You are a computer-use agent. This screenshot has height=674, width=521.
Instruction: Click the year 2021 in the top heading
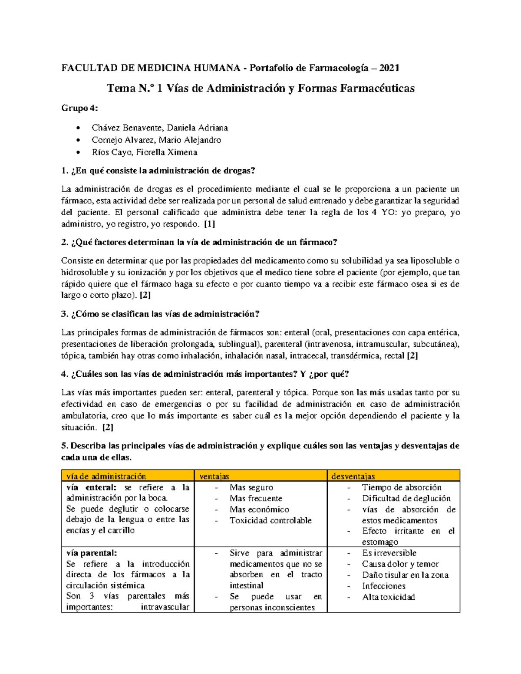(389, 68)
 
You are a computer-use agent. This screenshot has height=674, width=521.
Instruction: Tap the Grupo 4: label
(80, 108)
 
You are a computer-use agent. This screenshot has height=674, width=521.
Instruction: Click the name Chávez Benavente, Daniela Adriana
(159, 128)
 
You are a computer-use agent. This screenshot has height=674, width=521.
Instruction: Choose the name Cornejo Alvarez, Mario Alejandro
(156, 140)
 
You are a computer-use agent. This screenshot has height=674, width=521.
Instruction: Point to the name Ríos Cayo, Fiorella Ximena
(144, 152)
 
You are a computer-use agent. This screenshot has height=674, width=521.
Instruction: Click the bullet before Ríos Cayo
(78, 152)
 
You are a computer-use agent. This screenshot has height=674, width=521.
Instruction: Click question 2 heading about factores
(199, 242)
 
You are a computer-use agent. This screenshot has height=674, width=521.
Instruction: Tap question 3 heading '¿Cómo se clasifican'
(160, 314)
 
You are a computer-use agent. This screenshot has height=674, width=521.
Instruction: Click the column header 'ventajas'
(214, 476)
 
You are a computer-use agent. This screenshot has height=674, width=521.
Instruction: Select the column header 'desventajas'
(353, 476)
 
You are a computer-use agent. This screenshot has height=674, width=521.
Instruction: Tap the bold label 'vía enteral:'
(91, 487)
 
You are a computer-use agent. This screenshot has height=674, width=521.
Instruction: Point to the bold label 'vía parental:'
(91, 553)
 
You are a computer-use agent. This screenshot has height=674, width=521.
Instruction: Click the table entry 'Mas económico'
(259, 510)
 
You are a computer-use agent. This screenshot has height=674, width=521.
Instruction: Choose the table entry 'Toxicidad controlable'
(270, 520)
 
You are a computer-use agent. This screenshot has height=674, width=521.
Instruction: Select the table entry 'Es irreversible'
(389, 553)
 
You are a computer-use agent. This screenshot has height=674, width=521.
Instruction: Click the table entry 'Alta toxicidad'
(389, 597)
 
